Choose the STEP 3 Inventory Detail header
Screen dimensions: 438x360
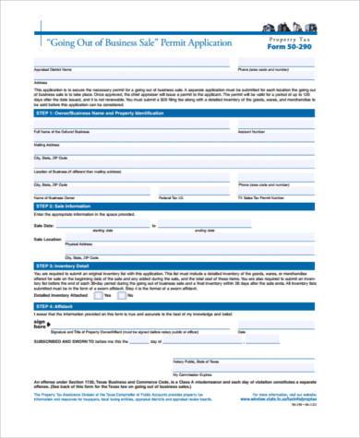click(x=180, y=266)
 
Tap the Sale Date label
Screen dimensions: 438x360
click(x=43, y=224)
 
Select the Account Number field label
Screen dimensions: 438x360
click(x=252, y=132)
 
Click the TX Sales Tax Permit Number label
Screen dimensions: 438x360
click(x=268, y=196)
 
